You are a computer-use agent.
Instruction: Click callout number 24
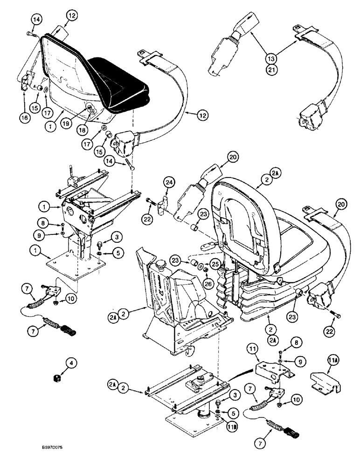168,183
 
